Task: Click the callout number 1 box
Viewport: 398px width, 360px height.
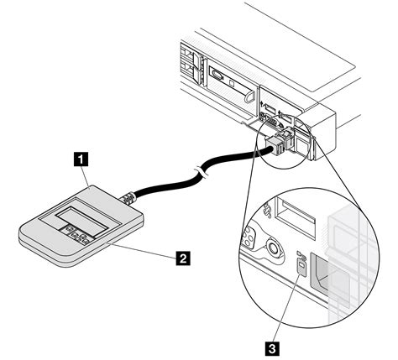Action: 81,159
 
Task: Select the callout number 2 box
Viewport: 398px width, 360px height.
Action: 183,258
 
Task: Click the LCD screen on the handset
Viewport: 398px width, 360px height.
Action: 81,220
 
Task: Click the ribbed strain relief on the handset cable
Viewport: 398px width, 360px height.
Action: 128,198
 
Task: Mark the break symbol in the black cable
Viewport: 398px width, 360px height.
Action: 202,171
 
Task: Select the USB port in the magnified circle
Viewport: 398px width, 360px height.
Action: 296,213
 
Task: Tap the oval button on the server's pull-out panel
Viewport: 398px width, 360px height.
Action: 217,75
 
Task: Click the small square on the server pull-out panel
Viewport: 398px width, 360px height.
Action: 232,83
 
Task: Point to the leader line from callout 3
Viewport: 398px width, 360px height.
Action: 287,309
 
